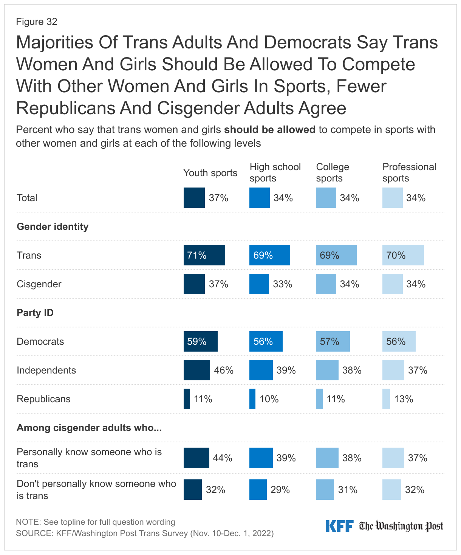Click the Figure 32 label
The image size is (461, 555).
37,22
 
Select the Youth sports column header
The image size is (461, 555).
210,173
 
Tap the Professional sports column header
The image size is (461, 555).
409,172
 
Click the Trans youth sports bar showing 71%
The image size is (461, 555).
204,255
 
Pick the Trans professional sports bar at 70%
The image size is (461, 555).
403,255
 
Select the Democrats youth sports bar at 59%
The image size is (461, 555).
200,341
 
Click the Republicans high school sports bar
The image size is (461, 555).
252,399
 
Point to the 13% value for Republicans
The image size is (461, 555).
404,399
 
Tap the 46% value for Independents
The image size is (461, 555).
224,370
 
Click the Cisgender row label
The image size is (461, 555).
39,284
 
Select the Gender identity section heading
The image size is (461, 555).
53,226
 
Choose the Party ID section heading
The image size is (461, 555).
35,313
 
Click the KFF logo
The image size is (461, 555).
339,526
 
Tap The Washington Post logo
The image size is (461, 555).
401,526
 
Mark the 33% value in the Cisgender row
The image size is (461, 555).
283,284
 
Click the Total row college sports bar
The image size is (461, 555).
326,198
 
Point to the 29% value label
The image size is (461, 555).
280,490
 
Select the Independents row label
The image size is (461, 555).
46,370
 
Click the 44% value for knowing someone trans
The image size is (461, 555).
223,458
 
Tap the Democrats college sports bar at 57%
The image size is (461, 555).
333,341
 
